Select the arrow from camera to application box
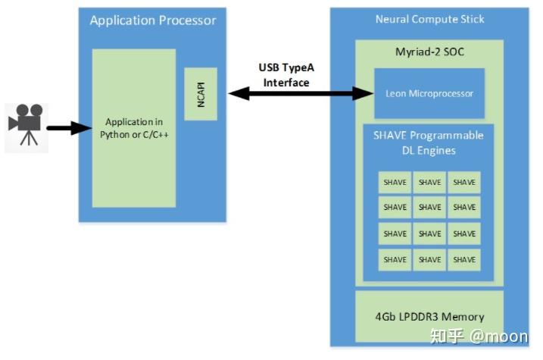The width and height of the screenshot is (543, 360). click(69, 128)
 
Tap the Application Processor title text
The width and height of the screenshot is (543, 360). click(152, 20)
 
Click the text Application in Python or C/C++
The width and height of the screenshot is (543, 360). click(134, 128)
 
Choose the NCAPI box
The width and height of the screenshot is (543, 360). click(201, 93)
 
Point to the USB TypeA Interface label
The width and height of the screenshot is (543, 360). click(286, 75)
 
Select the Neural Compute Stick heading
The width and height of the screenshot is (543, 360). click(429, 18)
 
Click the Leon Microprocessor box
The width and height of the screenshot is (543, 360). click(429, 93)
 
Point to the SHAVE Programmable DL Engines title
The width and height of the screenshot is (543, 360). click(429, 142)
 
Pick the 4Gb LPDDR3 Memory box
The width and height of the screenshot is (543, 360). click(429, 317)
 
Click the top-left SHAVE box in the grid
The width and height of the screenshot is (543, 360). click(395, 182)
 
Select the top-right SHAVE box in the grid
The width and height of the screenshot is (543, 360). click(464, 182)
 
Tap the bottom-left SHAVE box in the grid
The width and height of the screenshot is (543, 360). click(395, 259)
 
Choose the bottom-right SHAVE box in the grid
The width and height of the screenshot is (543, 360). click(464, 259)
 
